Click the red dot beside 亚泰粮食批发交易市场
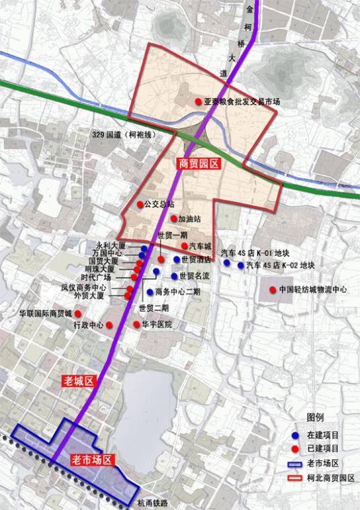point(198,102)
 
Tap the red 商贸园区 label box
point(199,163)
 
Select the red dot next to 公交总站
point(140,204)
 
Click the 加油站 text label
point(191,218)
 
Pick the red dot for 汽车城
point(184,247)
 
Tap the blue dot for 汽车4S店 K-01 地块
point(227,265)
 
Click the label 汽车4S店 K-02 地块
point(280,265)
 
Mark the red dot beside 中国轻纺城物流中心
point(272,290)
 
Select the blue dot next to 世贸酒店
point(176,259)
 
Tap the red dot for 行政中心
point(109,325)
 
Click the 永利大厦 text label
point(111,247)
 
